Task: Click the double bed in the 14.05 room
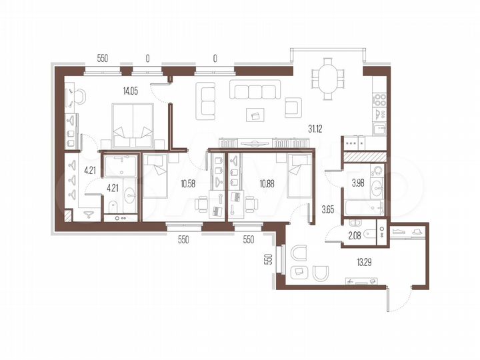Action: (133, 126)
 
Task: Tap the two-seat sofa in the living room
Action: (207, 99)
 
